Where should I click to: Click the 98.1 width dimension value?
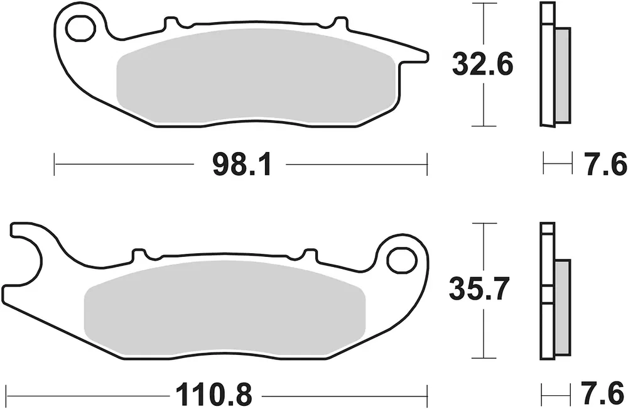point(242,165)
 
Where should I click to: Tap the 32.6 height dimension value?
point(482,65)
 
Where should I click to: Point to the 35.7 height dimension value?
point(479,288)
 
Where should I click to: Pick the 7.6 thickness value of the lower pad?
point(604,394)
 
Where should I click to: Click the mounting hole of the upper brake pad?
point(81,29)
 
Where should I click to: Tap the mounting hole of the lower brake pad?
point(402,261)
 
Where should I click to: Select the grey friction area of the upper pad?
point(257,76)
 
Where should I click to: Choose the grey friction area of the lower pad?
point(225,308)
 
